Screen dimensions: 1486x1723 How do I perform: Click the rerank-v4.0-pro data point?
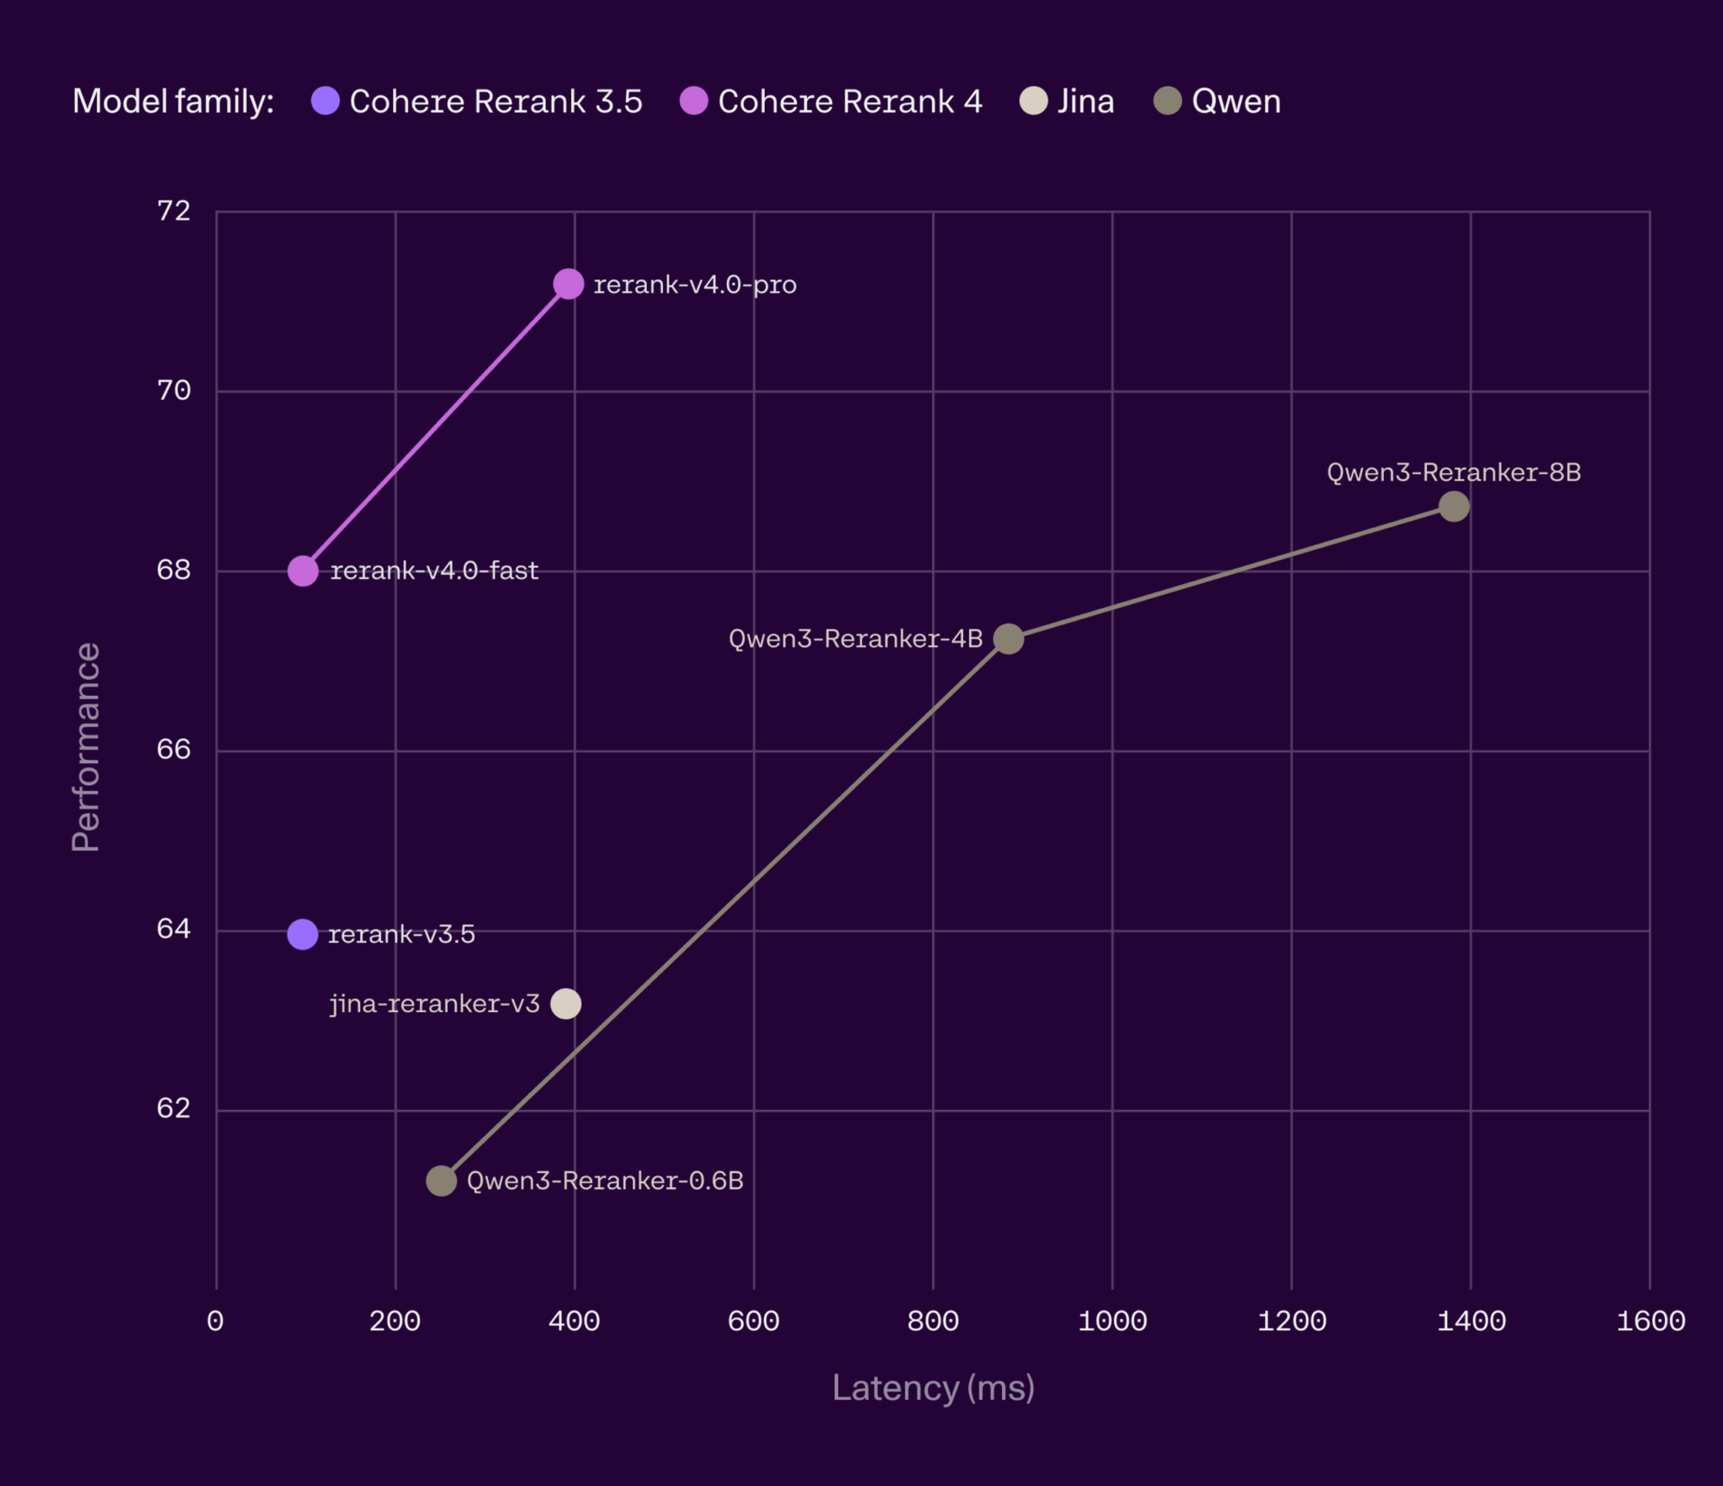[568, 284]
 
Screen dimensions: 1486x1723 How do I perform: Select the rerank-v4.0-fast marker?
[303, 571]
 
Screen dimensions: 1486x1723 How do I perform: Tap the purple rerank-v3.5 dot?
[303, 934]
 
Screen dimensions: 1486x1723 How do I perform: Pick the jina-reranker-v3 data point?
[565, 1003]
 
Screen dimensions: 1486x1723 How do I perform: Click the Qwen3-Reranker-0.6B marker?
[441, 1181]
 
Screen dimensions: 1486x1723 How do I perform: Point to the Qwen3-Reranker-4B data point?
[1008, 639]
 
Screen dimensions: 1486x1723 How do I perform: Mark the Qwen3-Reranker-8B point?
[1454, 507]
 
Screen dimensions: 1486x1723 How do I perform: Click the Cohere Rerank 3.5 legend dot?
[326, 101]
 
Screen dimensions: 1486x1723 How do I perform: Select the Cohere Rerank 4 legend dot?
[694, 101]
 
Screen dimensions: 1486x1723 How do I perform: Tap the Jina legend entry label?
[1085, 101]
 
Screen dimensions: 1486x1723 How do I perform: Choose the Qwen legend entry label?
[1236, 101]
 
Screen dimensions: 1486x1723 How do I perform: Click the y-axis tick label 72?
[174, 211]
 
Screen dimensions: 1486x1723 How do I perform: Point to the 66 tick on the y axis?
[174, 750]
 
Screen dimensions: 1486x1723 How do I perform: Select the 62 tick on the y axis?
[174, 1109]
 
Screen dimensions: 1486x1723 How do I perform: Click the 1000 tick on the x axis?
[1112, 1321]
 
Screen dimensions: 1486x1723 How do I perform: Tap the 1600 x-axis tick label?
[1650, 1321]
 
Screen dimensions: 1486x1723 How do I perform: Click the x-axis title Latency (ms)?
[933, 1388]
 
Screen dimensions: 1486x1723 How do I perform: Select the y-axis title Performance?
[86, 748]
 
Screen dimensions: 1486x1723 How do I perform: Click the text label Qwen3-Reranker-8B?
[1454, 472]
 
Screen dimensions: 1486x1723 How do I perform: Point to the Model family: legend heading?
[173, 101]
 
